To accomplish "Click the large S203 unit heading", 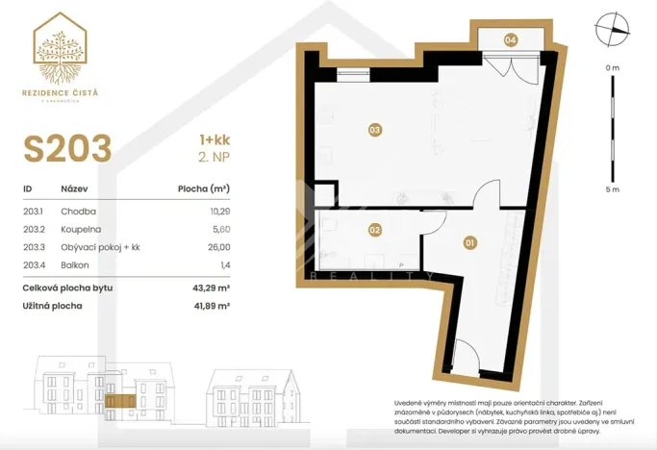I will point(67,149).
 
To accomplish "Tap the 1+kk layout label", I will point(213,138).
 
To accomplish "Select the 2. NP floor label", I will point(214,158).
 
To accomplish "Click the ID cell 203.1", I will point(35,211).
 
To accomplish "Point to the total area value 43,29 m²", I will point(211,287).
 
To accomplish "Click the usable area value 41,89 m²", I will point(211,306).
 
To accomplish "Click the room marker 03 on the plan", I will point(375,129).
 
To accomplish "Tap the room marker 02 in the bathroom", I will point(375,230).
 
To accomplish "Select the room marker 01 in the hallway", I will point(470,242).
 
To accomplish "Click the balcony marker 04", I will point(510,39).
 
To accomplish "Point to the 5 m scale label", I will point(613,190).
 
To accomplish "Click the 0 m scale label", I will point(613,67).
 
